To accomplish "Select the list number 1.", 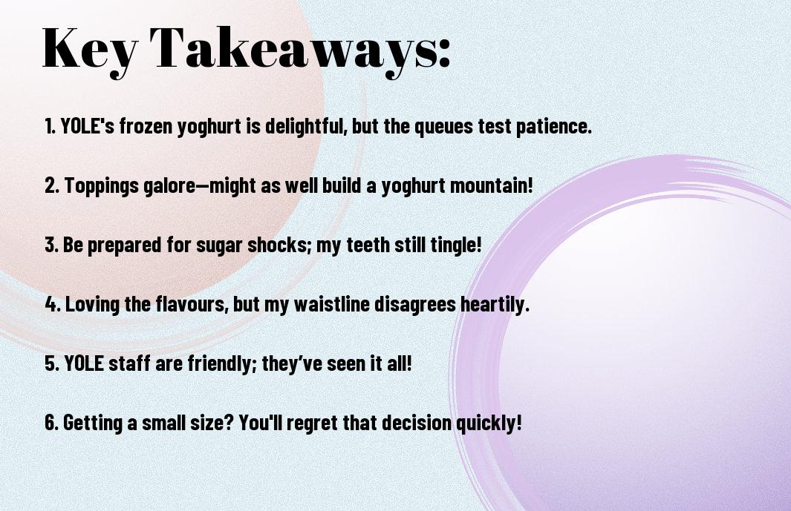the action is coord(50,126).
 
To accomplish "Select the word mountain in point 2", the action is coord(491,185).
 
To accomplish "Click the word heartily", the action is coord(495,304).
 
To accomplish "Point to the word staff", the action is coord(129,363).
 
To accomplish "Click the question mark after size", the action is coord(228,422).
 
